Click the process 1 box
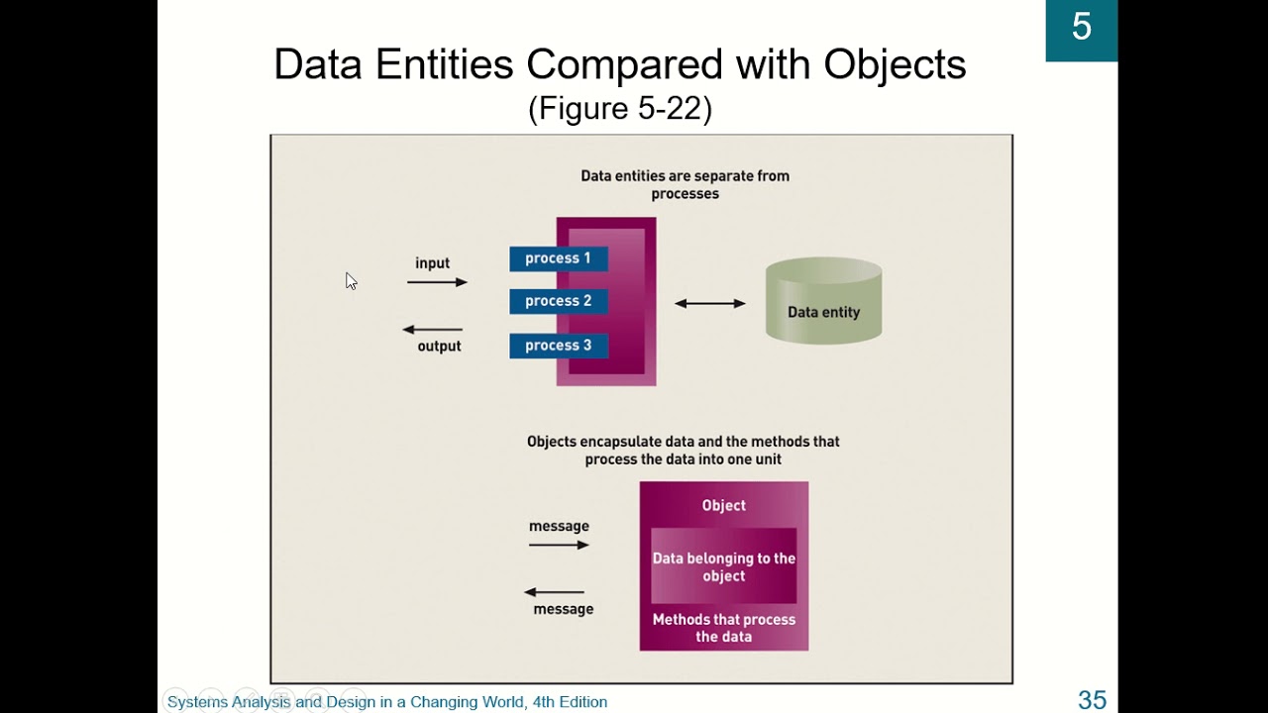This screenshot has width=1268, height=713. point(558,258)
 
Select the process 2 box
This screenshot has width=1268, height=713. point(558,301)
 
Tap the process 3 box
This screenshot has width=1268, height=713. point(558,346)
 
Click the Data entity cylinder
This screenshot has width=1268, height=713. point(823,301)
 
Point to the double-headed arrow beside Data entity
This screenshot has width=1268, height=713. point(709,303)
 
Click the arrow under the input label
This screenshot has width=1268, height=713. point(437,282)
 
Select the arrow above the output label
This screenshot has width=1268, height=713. point(433,329)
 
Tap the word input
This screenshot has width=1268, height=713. point(432,263)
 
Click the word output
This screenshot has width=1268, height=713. point(439,347)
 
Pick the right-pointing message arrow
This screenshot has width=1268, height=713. point(559,545)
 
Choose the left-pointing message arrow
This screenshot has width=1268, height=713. point(555,592)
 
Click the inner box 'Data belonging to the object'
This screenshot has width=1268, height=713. point(723,566)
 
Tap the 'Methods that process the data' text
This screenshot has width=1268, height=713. point(723,628)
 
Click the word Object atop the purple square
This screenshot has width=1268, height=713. point(723,505)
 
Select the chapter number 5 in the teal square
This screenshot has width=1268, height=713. point(1082,28)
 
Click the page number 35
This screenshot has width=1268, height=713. point(1092,700)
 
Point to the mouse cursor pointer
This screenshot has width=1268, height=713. point(351,281)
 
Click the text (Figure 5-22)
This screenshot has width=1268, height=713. point(620,109)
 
